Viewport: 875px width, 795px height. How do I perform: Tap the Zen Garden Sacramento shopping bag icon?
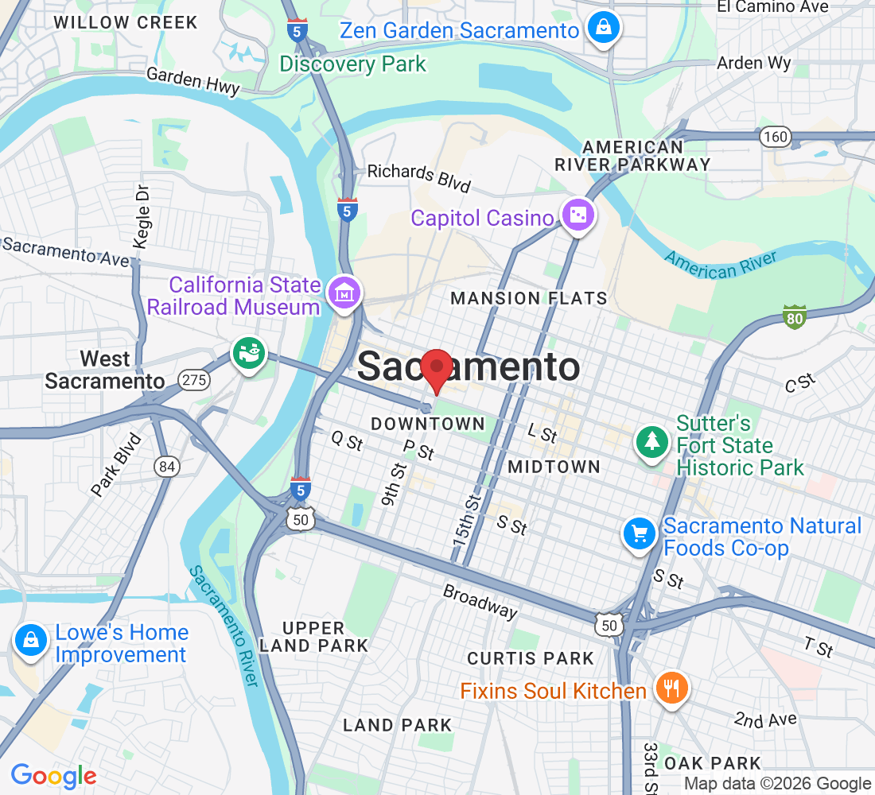click(604, 29)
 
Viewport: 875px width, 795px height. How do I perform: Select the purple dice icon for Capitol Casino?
click(577, 215)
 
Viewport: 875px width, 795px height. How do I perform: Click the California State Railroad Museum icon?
click(347, 293)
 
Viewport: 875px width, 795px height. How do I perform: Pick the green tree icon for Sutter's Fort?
click(652, 442)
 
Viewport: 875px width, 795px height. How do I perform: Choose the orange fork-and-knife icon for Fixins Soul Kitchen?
click(671, 686)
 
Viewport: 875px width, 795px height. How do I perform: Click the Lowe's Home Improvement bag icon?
click(29, 639)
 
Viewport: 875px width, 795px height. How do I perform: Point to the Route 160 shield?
click(775, 137)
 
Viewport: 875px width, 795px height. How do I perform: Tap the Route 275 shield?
click(194, 380)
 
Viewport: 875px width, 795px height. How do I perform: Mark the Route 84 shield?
click(166, 467)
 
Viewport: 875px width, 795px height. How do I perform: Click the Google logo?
click(53, 776)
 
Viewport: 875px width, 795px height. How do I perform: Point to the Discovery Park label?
click(353, 64)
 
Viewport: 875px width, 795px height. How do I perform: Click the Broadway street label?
click(480, 601)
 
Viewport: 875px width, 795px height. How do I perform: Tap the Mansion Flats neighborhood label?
click(528, 299)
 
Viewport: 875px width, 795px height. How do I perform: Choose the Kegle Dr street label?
click(141, 217)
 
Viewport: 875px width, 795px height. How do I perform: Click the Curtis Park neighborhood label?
click(531, 658)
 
